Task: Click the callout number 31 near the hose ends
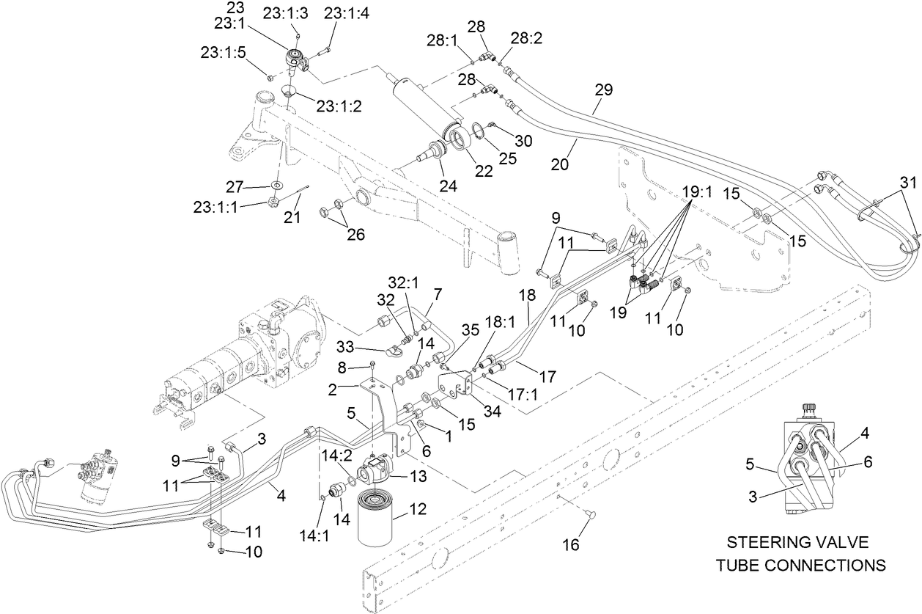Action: [x=907, y=182]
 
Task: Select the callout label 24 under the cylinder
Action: [x=448, y=186]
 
